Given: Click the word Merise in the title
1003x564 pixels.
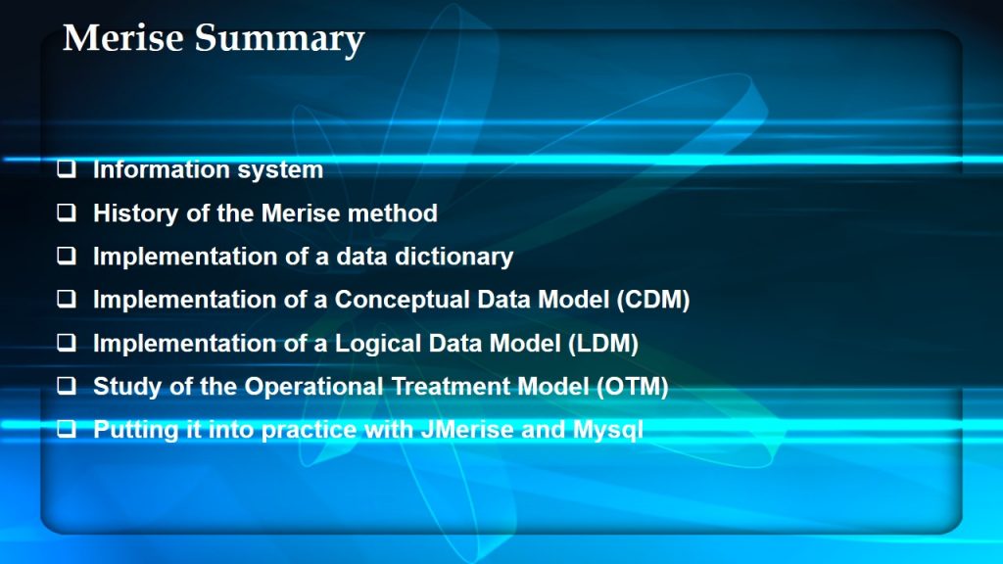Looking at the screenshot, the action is click(123, 38).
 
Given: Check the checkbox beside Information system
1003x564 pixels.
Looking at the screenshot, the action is click(67, 168).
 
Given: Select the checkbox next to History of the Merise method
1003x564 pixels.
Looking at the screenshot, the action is click(67, 212).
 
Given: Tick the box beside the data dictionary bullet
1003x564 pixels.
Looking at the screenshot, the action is click(67, 256).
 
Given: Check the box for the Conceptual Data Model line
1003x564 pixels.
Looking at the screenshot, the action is click(67, 299).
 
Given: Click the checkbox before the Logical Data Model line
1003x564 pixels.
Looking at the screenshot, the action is click(67, 343).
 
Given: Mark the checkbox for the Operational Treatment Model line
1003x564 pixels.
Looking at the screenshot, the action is click(67, 386).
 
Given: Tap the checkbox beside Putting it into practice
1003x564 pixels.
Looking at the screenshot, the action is click(67, 429).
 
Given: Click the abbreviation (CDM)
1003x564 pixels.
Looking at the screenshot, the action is click(653, 300).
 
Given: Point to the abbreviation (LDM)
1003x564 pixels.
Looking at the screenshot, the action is click(603, 344).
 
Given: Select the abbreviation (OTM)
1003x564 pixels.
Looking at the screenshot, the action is click(632, 387).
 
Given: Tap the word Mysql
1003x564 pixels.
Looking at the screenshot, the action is click(607, 431).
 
